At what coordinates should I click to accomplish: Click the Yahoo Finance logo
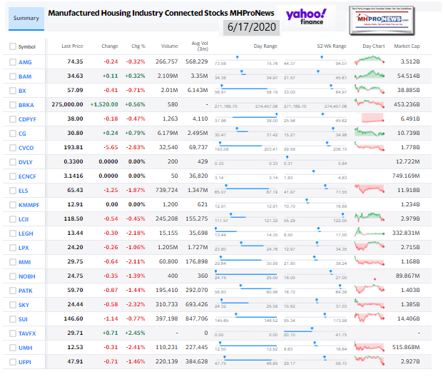tap(306, 16)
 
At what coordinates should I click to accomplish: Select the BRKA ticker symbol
tap(26, 104)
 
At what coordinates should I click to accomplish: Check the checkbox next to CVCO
tap(13, 147)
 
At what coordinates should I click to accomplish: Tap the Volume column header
tap(170, 46)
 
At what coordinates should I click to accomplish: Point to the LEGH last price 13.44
tap(74, 233)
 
